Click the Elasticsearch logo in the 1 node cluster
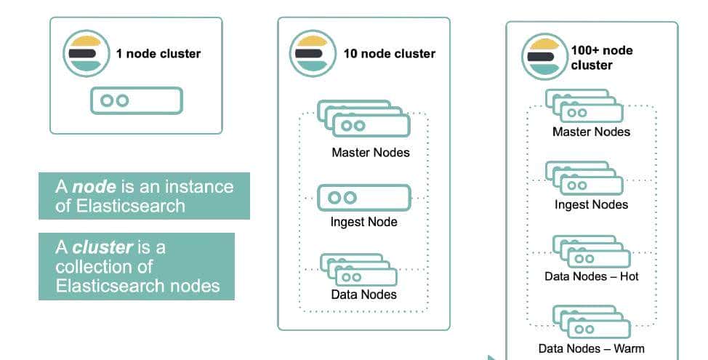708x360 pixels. pos(87,53)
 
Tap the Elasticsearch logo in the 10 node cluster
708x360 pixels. pos(313,53)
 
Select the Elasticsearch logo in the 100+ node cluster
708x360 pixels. pos(544,57)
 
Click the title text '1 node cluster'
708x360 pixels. pos(158,53)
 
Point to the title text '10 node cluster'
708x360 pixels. pos(389,53)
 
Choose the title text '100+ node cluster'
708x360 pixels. pos(601,57)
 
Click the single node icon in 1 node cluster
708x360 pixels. pos(136,100)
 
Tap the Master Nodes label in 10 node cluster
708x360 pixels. pos(370,153)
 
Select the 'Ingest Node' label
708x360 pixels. pos(363,221)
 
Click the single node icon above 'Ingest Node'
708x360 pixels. pos(364,197)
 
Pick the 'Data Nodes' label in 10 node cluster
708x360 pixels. pos(363,294)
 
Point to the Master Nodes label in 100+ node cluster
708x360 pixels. pos(591,132)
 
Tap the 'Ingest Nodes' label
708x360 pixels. pos(591,204)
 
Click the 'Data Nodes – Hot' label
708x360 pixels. pos(591,276)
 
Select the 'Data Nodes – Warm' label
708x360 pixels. pos(591,348)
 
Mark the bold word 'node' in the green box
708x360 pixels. pos(94,187)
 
